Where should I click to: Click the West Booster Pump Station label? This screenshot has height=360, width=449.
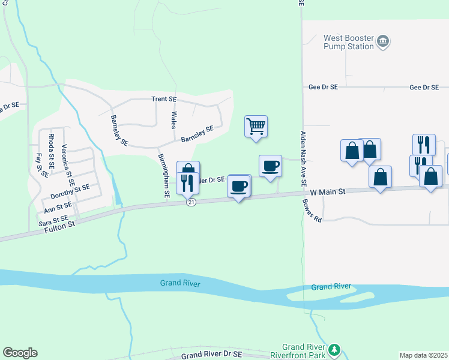[x=349, y=42]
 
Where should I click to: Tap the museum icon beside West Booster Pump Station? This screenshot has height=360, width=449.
[x=383, y=42]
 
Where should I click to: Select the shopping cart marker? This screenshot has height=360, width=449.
[x=256, y=127]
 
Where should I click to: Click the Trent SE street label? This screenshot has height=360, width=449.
[x=163, y=99]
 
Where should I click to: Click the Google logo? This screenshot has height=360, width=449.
[x=20, y=353]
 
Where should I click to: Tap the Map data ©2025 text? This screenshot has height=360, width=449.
[x=423, y=355]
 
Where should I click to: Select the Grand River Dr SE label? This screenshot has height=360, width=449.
[x=211, y=355]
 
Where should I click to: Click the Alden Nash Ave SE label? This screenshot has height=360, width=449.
[x=304, y=158]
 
